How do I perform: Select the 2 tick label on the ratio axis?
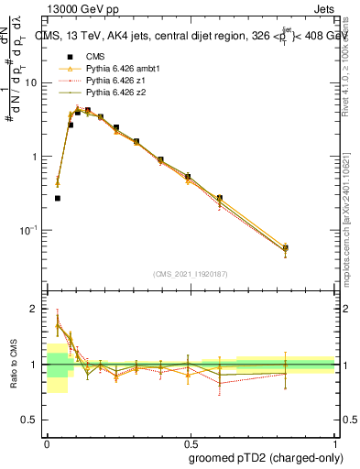tap(35, 309)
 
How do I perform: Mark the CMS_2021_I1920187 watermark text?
tap(190, 273)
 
